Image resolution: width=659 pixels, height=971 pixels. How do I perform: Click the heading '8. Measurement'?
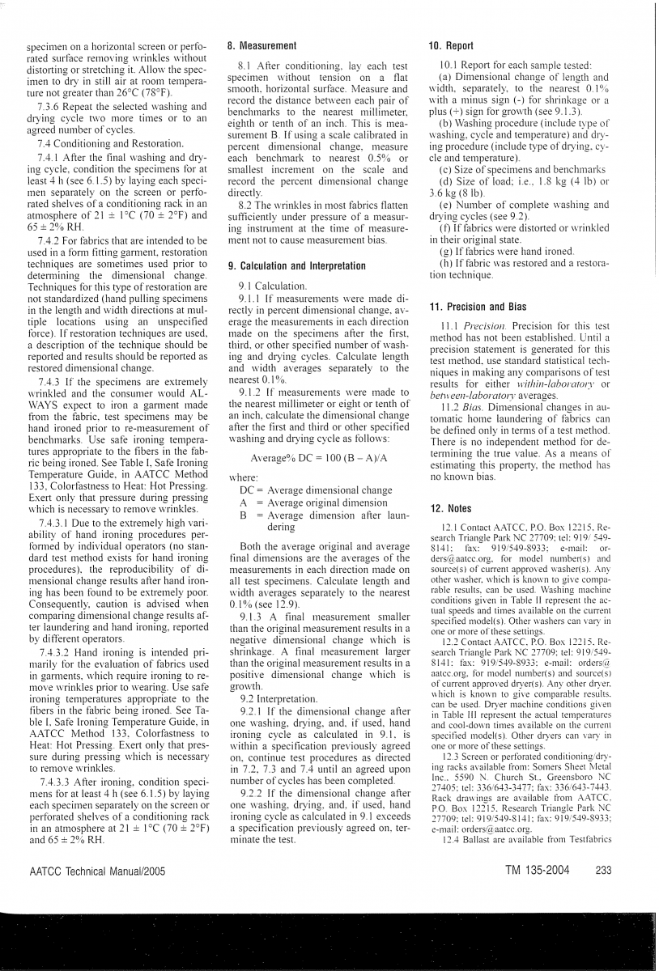pos(261,46)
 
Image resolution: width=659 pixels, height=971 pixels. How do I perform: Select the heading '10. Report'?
pos(450,46)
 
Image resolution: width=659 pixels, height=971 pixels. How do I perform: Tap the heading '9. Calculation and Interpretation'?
pos(297,265)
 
